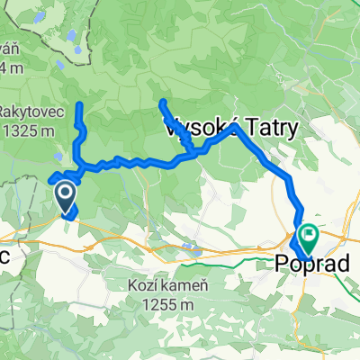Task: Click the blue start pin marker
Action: coord(66,193)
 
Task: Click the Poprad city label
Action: coord(304,263)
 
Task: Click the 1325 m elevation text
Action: coord(36,130)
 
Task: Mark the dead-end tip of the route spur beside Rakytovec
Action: coord(79,106)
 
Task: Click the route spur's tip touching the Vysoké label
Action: coord(162,103)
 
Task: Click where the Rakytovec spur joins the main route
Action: coord(80,168)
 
